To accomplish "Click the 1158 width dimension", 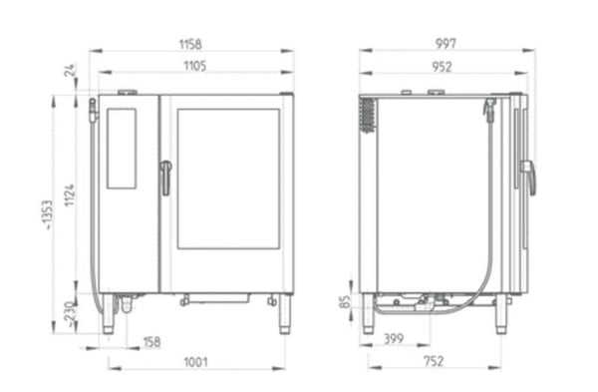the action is (x=190, y=44).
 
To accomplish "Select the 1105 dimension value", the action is (x=195, y=66).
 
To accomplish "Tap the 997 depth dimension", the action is (x=446, y=44).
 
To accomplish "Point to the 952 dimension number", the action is (x=442, y=67).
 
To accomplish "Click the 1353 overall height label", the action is (x=47, y=214).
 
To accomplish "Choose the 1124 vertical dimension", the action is (x=70, y=196).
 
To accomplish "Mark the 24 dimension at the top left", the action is (x=70, y=70).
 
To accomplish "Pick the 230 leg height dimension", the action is (x=69, y=314).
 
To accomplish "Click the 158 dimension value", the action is (x=151, y=342).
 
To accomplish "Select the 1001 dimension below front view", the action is (x=195, y=362).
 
